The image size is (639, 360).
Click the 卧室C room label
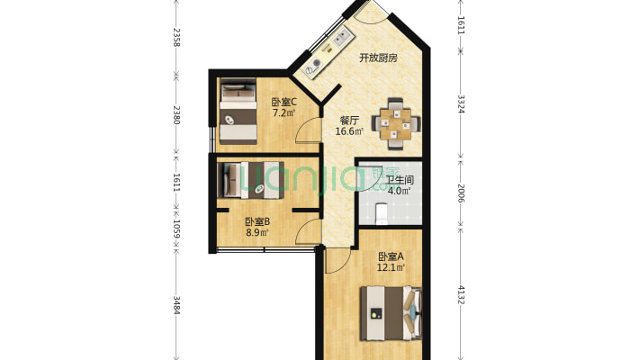tap(283, 102)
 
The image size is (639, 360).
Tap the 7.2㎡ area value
tap(283, 112)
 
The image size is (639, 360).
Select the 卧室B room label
tap(257, 221)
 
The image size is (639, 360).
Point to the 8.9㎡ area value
tap(257, 233)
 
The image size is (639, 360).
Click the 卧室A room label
tap(391, 256)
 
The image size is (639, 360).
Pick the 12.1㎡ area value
tap(391, 268)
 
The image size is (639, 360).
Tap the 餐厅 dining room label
tap(349, 121)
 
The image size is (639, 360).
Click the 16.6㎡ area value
tap(349, 131)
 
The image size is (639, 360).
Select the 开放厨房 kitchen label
tap(378, 58)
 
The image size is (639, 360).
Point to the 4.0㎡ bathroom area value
tap(399, 191)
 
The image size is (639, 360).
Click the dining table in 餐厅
tap(396, 123)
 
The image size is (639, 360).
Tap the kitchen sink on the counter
tap(341, 38)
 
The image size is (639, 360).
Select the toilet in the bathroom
tap(381, 213)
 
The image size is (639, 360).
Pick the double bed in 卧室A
tap(391, 313)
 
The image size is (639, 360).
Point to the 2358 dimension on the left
tap(176, 38)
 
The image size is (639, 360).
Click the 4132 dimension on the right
tap(461, 294)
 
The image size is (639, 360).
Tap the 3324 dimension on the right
tap(461, 104)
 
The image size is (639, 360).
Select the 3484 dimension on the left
tap(176, 305)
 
